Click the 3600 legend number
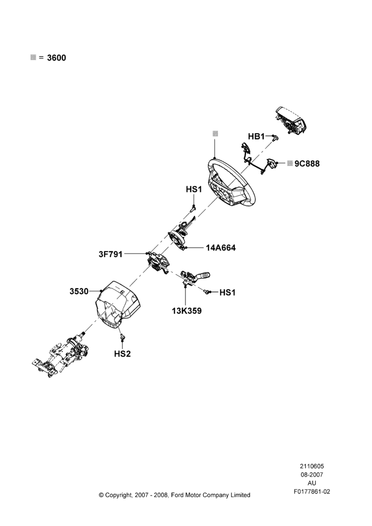56,58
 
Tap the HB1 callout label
256,137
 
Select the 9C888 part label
307,164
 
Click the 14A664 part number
221,248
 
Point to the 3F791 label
110,254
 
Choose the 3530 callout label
79,291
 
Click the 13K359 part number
187,311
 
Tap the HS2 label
122,353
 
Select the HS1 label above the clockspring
194,189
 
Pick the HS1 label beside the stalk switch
228,292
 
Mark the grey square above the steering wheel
215,133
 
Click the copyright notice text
174,495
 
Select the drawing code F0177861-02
312,491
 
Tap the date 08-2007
312,474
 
